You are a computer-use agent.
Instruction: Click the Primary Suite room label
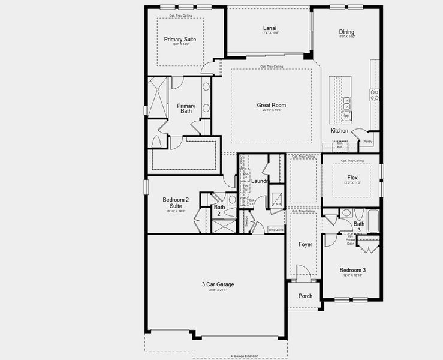click(x=180, y=40)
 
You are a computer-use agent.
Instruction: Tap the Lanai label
click(x=269, y=28)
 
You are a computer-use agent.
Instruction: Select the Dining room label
click(x=346, y=32)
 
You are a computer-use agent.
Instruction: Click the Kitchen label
click(x=339, y=131)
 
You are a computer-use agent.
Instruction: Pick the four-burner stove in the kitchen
click(x=375, y=95)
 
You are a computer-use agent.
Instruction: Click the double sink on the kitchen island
click(x=346, y=104)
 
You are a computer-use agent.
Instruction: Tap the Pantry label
click(x=367, y=142)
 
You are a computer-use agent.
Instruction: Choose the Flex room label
click(x=352, y=178)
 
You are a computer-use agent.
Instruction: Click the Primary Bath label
click(x=186, y=109)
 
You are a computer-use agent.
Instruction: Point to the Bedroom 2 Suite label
click(x=176, y=203)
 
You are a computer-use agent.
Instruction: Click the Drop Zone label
click(x=276, y=229)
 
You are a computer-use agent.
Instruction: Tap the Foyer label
click(x=305, y=244)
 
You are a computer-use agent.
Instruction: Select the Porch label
click(x=305, y=296)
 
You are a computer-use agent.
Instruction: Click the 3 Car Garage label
click(x=217, y=284)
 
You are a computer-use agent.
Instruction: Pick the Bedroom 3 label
click(x=352, y=270)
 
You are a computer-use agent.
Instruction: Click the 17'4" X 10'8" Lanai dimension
click(x=269, y=34)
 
